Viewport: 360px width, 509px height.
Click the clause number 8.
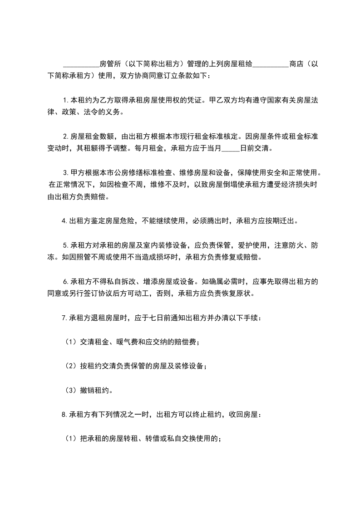pos(64,414)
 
